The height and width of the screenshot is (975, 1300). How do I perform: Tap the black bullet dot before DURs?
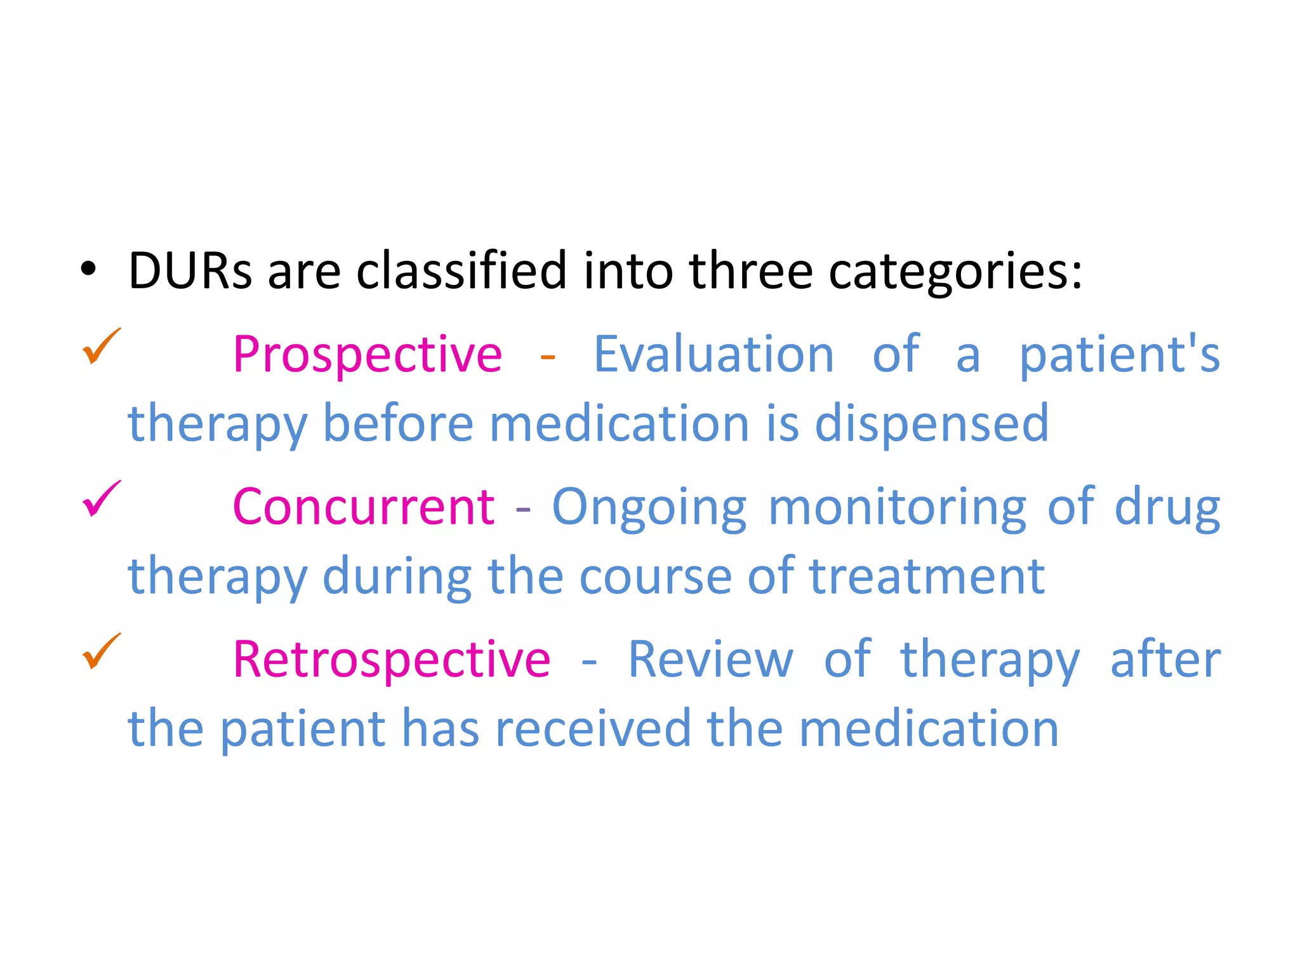tap(88, 270)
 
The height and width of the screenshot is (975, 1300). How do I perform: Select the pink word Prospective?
tap(368, 354)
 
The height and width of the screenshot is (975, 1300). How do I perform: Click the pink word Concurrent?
tap(363, 507)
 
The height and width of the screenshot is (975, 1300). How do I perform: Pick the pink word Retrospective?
tap(392, 660)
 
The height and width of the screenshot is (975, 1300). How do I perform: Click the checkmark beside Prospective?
tap(101, 346)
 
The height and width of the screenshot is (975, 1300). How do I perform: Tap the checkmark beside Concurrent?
tap(101, 499)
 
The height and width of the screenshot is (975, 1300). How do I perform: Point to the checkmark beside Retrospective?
tap(101, 651)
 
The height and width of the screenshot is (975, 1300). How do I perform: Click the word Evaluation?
tap(713, 354)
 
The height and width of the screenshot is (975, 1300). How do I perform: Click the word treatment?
tap(927, 576)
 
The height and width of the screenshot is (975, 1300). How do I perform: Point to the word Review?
tap(710, 660)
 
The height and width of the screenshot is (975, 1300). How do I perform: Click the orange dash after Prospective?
tap(547, 357)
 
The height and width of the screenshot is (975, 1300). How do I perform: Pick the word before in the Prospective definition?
tap(398, 423)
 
